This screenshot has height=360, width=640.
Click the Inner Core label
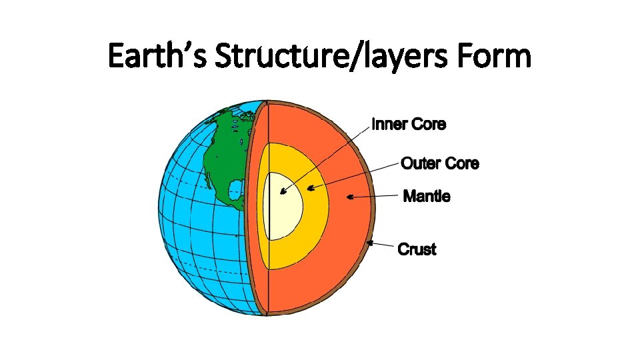[409, 125]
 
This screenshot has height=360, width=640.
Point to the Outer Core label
[440, 163]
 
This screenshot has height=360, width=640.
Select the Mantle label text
[427, 197]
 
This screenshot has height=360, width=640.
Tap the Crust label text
[417, 250]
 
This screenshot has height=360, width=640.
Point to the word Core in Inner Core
[429, 125]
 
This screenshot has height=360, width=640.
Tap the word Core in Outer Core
[462, 163]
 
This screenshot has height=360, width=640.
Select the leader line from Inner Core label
[327, 157]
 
